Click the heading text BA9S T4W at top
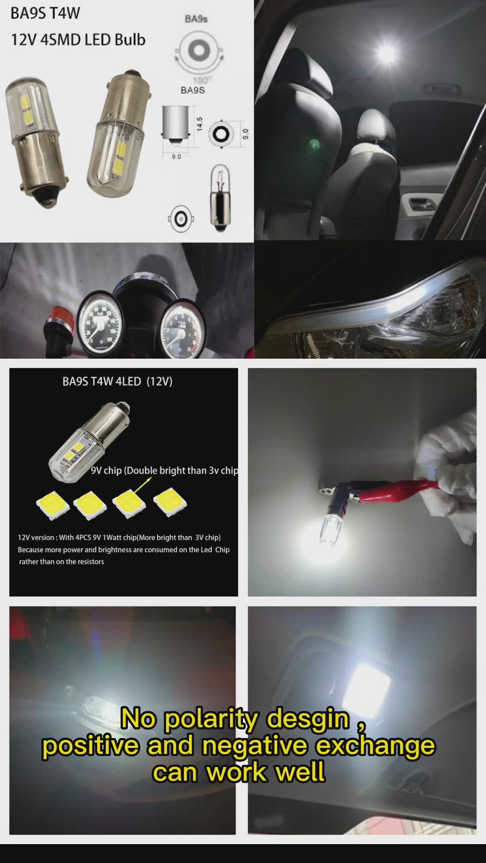45,13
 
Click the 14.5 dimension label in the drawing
200,124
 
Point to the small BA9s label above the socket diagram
196,19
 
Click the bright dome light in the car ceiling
386,53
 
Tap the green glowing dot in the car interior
314,145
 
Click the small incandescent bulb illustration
220,198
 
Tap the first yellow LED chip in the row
53,505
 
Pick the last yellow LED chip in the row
170,502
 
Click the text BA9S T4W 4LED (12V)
117,382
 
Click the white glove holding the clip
450,467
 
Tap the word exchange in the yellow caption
375,745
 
